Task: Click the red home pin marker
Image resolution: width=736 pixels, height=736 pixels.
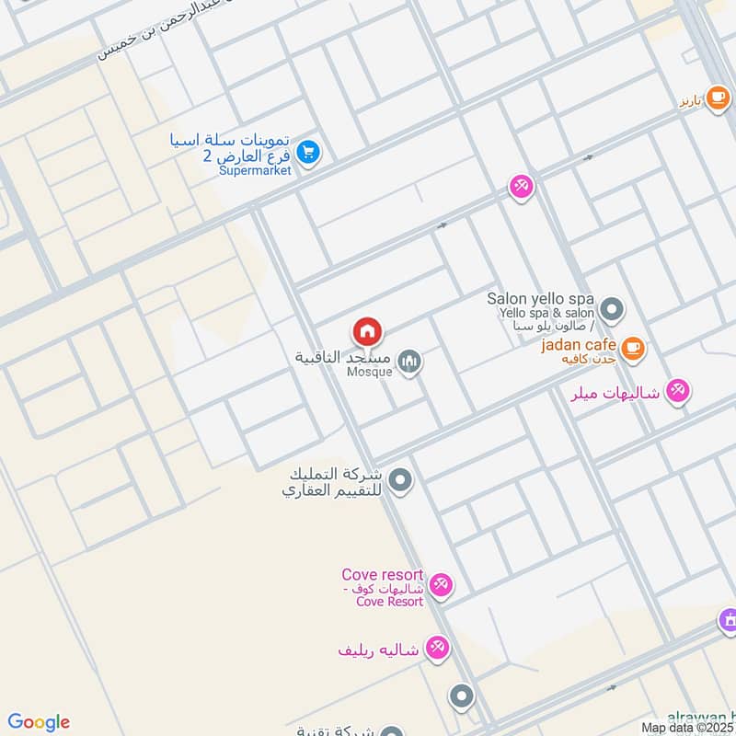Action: click(367, 331)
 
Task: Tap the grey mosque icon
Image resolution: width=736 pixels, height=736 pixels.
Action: click(410, 362)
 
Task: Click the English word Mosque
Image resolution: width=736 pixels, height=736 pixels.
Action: click(370, 373)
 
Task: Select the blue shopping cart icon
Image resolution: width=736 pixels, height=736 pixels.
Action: click(308, 153)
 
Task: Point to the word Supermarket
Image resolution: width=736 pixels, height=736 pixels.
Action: click(256, 171)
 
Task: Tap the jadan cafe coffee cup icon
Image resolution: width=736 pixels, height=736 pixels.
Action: click(632, 348)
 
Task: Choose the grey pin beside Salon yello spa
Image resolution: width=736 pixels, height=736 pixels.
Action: click(611, 307)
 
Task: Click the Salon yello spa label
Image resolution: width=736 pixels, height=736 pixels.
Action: click(541, 300)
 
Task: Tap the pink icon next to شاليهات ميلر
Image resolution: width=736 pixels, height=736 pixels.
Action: click(678, 391)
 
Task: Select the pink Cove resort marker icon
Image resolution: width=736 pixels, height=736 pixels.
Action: click(441, 585)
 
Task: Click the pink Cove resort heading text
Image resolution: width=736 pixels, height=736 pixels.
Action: click(382, 575)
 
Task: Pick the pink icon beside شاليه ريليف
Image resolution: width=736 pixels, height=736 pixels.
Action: click(437, 649)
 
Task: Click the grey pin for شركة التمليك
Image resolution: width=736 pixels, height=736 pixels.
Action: click(399, 479)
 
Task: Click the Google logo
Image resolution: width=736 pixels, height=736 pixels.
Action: click(39, 722)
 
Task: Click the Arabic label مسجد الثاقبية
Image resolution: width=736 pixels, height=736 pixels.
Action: click(343, 357)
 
